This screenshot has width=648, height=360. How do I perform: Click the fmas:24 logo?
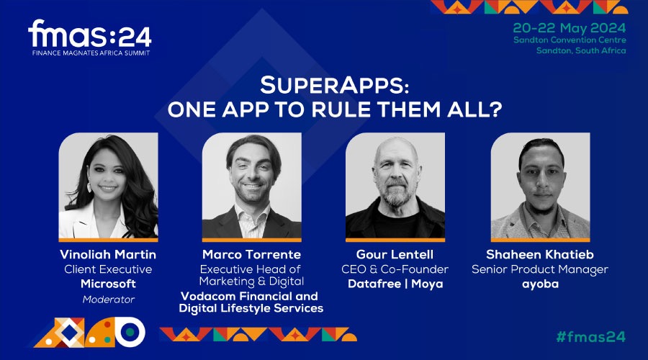90,37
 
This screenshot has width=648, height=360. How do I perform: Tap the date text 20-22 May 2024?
569,28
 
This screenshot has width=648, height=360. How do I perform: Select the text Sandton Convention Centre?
570,40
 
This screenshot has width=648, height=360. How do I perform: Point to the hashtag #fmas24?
590,336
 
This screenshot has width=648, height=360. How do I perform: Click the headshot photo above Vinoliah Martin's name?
108,186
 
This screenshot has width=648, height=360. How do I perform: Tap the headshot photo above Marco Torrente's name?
252,186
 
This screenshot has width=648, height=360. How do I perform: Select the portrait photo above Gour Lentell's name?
395,186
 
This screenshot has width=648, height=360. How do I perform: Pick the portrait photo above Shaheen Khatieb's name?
540,186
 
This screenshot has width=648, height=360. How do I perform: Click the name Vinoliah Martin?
108,254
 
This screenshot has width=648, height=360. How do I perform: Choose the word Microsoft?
108,284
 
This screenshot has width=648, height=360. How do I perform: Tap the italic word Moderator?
108,300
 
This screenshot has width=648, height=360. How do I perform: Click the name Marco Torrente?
251,254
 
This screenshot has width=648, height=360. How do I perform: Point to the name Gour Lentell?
395,254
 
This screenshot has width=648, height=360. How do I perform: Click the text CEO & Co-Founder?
395,269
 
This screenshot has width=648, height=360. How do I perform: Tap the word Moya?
427,284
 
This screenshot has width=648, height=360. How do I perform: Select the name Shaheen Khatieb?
540,254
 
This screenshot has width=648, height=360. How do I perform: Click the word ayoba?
540,284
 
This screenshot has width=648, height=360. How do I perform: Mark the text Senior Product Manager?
540,269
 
